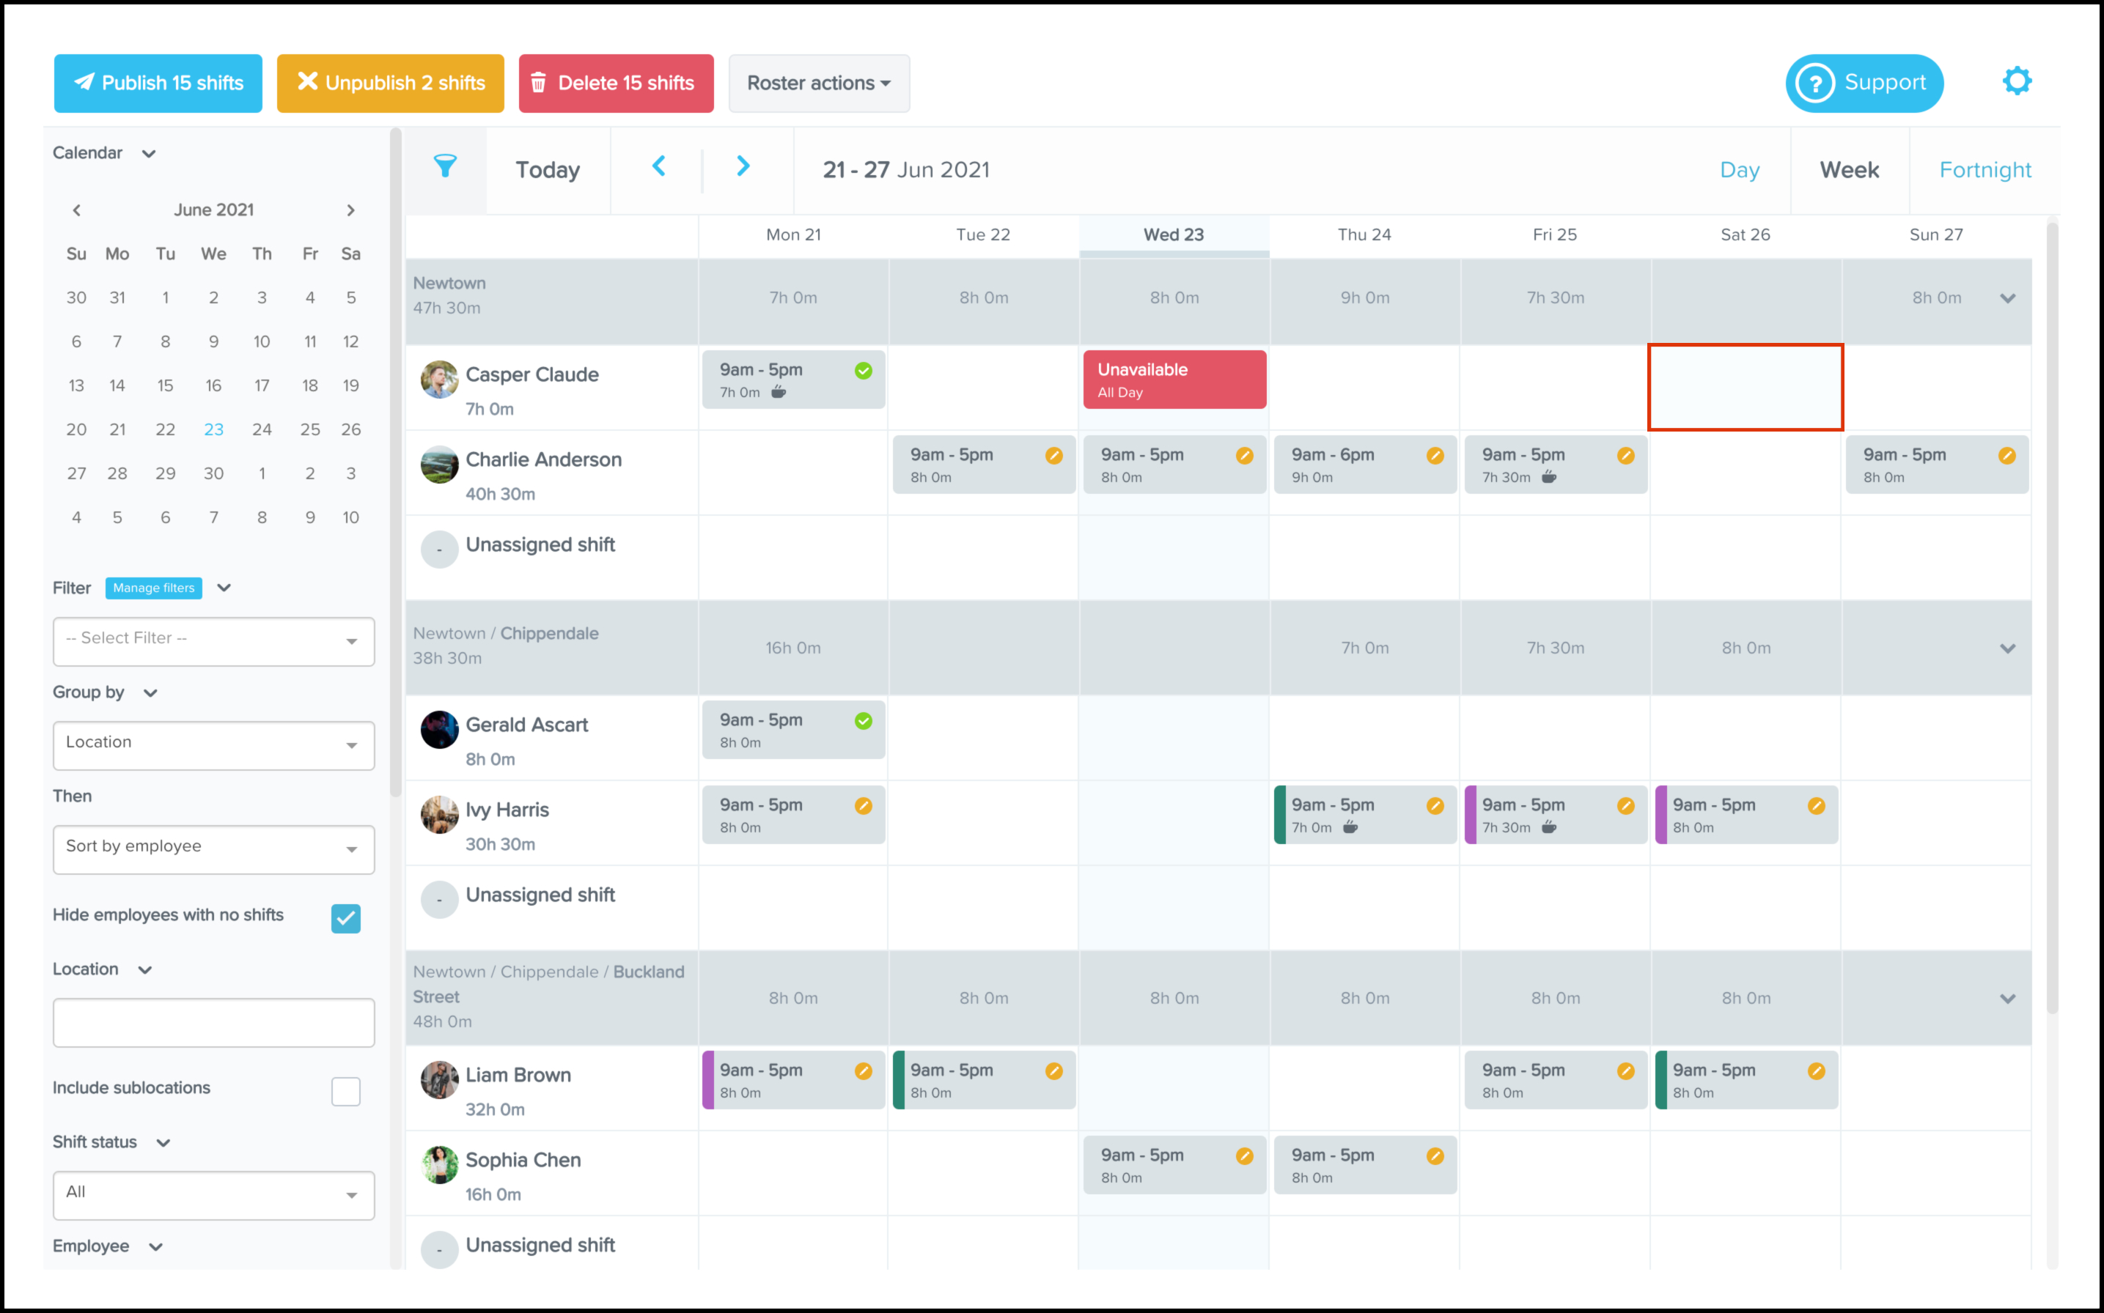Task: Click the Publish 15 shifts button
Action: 158,84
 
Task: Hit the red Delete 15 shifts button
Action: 616,84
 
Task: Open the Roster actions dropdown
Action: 818,84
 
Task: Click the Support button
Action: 1864,84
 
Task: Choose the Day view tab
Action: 1739,170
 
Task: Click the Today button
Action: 548,170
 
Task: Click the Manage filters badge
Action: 154,588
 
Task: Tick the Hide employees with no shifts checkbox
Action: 346,918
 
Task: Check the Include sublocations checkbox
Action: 346,1091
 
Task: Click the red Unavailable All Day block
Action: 1174,380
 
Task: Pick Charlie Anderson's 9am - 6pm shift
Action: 1364,465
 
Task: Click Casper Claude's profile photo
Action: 440,380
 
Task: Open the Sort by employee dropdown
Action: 214,848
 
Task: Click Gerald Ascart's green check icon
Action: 863,721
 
